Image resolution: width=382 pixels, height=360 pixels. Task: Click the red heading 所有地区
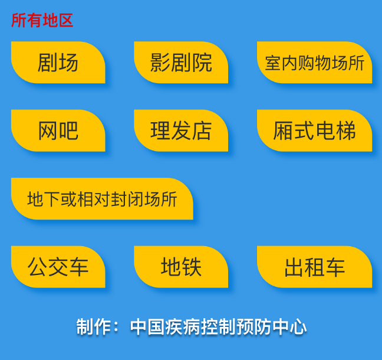pos(42,20)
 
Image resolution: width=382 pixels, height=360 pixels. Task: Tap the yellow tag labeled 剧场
pos(58,63)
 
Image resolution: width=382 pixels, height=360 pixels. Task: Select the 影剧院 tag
pos(181,63)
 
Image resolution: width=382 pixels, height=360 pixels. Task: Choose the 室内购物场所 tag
pos(315,63)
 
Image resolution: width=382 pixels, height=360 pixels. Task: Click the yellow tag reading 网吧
pos(58,130)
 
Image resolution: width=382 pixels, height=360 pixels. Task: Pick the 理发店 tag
pos(181,130)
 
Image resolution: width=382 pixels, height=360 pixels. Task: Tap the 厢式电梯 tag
pos(315,130)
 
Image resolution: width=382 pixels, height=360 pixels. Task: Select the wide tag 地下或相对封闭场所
pos(102,199)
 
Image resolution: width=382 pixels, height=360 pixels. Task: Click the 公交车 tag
pos(58,267)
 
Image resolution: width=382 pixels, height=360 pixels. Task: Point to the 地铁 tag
pos(181,267)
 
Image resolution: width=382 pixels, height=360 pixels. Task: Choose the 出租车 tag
pos(315,267)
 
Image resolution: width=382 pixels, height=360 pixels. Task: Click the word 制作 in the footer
pos(94,326)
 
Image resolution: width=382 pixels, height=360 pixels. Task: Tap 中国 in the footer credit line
pos(147,326)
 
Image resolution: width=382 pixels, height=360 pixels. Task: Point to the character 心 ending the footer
pos(298,326)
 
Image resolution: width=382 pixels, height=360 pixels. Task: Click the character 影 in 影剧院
pos(160,63)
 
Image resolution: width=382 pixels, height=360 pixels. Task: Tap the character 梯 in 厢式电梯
pos(345,131)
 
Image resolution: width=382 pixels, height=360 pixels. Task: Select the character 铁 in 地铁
pos(192,267)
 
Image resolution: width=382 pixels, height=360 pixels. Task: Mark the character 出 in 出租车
pos(294,267)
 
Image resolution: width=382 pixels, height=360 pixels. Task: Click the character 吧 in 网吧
pos(69,131)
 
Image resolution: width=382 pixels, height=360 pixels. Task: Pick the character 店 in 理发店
pos(202,131)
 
